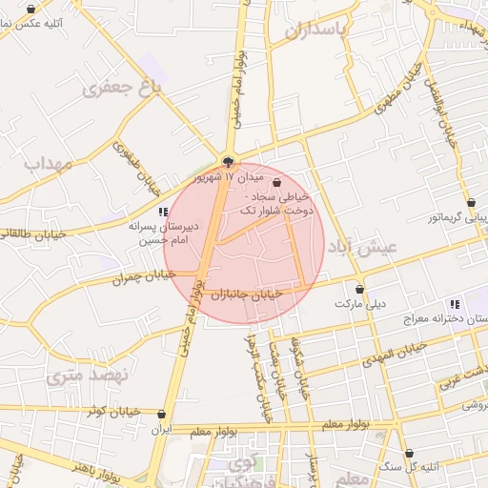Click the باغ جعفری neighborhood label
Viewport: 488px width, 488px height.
(x=123, y=88)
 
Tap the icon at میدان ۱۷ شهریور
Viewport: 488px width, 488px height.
(x=227, y=161)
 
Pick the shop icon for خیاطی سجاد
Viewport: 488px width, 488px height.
(x=277, y=182)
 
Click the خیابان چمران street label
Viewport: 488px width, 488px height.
(x=145, y=276)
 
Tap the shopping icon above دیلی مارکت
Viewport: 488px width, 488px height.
(x=360, y=289)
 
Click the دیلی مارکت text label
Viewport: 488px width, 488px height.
(x=360, y=304)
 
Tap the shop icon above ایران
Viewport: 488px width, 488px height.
(x=161, y=415)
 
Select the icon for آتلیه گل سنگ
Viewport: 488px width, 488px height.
(x=410, y=453)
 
